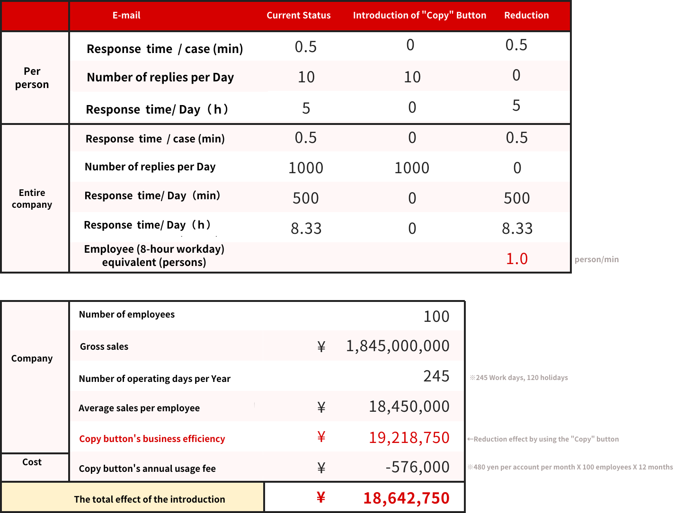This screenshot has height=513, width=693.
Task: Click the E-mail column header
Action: coord(126,16)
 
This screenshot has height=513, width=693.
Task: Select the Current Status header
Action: coord(298,16)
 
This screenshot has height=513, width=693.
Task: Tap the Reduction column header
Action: coord(526,16)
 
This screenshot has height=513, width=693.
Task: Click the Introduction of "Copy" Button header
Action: coord(419,16)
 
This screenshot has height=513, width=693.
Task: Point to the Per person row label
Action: coord(32,78)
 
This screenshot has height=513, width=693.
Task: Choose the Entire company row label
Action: coord(32,199)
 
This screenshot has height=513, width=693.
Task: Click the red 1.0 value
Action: coord(517,259)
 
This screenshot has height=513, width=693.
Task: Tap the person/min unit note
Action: coord(597,259)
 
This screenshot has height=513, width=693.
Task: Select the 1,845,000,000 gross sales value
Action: coord(398,346)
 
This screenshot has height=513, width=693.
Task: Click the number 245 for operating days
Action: coord(436,376)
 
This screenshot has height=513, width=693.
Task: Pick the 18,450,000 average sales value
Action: coord(409,407)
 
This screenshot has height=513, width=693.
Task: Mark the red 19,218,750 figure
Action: coord(409,438)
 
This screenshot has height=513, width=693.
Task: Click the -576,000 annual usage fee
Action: coord(418,467)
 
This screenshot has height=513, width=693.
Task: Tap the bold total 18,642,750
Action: coord(406,498)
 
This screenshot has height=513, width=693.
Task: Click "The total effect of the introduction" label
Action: coord(150,499)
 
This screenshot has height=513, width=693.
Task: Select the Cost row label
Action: coord(32,462)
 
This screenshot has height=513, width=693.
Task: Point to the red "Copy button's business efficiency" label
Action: coord(152,439)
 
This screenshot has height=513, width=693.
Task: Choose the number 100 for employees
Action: coord(436,317)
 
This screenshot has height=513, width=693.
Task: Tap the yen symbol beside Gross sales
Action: coord(321,347)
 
